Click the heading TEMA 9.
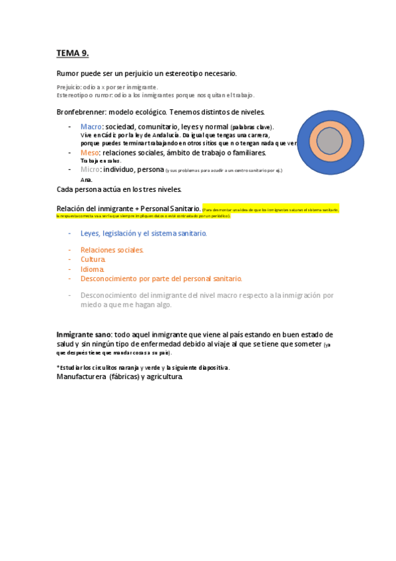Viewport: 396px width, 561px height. [x=72, y=53]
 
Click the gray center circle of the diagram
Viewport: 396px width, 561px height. [x=330, y=141]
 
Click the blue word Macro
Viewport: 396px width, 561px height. [x=91, y=126]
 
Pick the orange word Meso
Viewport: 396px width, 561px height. [x=89, y=153]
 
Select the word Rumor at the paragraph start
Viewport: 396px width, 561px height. [x=67, y=73]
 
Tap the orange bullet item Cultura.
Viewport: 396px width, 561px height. [x=93, y=259]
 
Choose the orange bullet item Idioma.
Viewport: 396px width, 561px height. [x=92, y=269]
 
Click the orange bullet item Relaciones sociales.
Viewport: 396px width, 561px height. [x=112, y=250]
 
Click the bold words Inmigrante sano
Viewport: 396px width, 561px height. [x=83, y=335]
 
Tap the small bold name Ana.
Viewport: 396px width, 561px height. [x=86, y=179]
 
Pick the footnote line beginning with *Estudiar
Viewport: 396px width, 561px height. [x=143, y=367]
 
